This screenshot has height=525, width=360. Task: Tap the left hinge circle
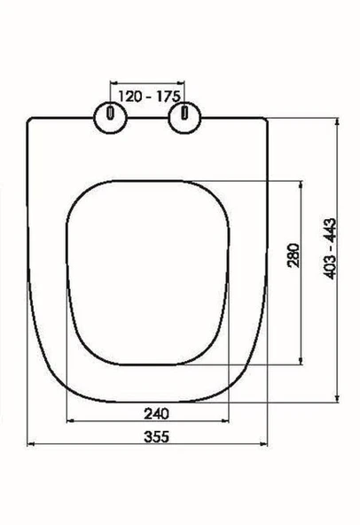(110, 115)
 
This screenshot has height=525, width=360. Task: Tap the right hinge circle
(185, 115)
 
